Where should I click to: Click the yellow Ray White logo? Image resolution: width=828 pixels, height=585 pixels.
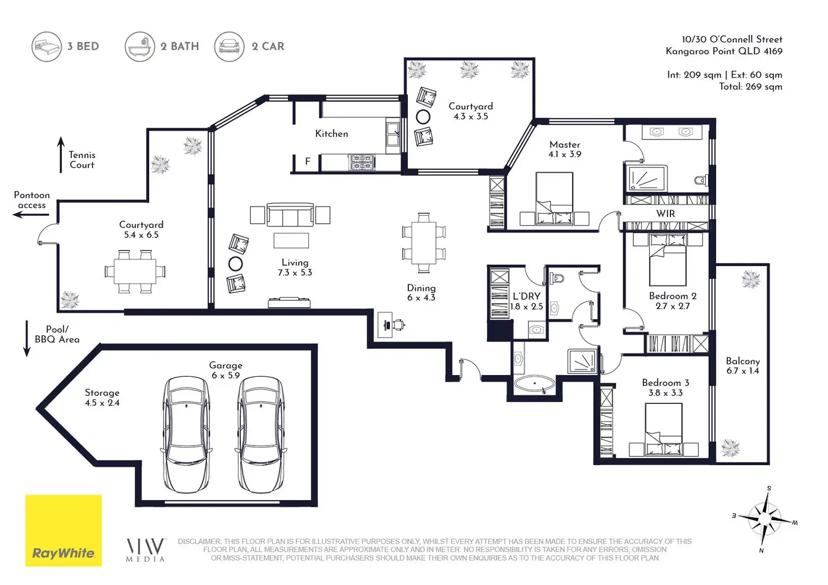[64, 530]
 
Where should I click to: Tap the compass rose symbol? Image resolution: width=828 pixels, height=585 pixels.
[765, 519]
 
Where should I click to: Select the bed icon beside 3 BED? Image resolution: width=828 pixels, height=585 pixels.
[47, 47]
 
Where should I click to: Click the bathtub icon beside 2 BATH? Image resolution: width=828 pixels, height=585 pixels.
[139, 47]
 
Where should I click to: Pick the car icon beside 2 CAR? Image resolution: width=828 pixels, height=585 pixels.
[229, 47]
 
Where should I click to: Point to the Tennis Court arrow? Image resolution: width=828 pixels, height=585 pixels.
[61, 155]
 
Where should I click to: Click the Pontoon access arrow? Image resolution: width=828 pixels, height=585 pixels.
[31, 215]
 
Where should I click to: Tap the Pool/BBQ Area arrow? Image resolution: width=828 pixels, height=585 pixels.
[26, 339]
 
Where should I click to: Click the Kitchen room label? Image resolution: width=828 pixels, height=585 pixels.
[331, 133]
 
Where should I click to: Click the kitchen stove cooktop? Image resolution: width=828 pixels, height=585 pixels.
[362, 163]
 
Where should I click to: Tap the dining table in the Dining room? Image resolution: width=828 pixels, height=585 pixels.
[424, 242]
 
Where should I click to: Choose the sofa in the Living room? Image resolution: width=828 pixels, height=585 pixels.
[290, 215]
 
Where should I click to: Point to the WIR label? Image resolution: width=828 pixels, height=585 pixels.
[666, 214]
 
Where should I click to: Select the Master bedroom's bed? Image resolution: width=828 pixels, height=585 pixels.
[555, 199]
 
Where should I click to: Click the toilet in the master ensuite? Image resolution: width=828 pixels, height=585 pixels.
[701, 181]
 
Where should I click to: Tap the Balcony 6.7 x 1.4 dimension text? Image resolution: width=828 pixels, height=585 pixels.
[742, 371]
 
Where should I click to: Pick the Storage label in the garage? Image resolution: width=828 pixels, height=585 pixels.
[102, 393]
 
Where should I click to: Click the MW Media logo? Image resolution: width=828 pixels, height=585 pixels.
[146, 550]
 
